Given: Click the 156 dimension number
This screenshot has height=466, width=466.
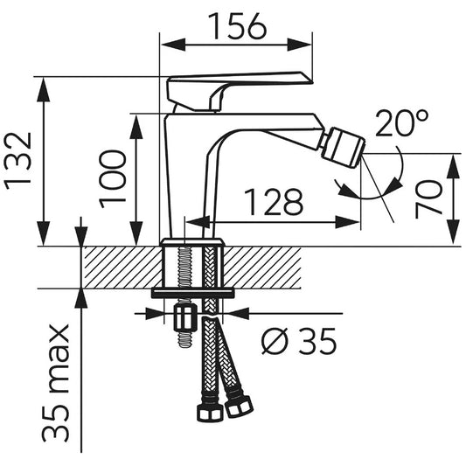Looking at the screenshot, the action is [237, 27].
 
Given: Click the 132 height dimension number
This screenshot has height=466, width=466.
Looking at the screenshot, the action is [17, 161].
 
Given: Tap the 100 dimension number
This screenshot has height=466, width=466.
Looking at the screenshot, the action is [113, 179].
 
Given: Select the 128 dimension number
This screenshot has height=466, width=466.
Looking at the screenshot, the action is [274, 202].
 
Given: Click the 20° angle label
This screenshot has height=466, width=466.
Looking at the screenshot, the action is [402, 123].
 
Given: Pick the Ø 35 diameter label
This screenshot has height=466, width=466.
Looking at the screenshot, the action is [299, 341].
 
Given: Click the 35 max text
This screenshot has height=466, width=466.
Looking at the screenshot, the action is [56, 384].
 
